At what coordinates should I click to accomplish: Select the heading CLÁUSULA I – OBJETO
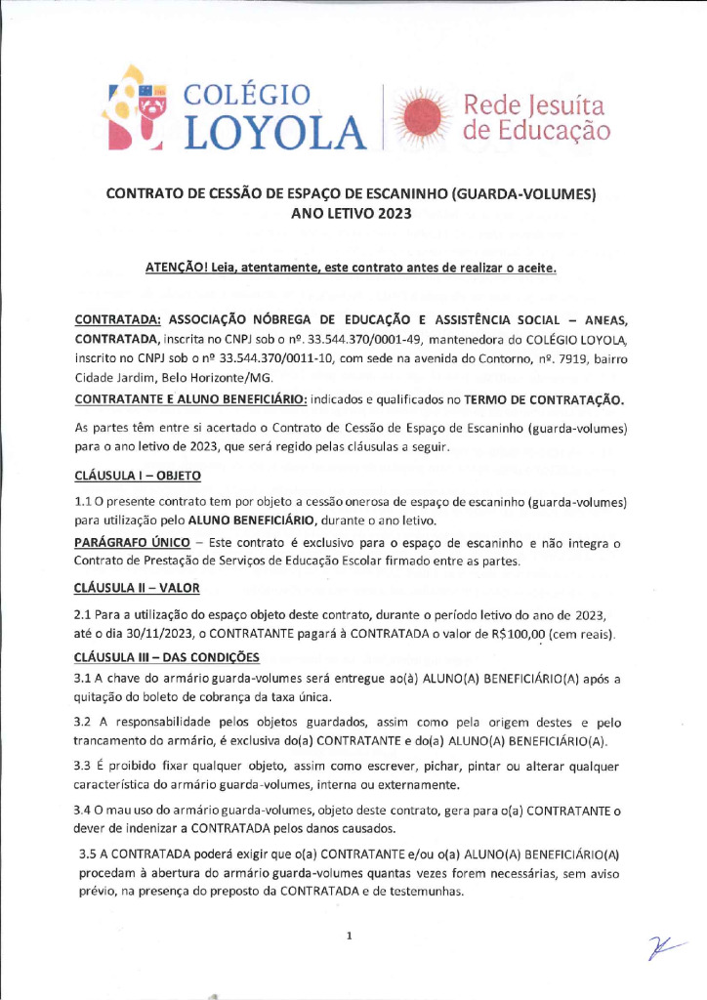(137, 476)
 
